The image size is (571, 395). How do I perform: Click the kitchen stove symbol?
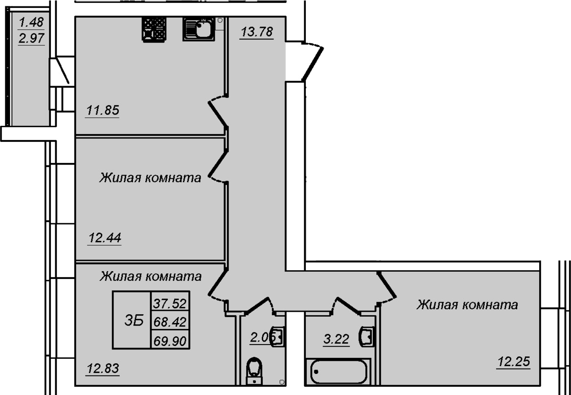154,29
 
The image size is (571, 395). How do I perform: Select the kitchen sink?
199,29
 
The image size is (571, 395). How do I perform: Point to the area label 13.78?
256,32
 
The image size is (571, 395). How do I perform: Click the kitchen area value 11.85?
103,111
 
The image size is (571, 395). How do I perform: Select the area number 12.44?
105,239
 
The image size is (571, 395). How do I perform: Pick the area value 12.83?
103,369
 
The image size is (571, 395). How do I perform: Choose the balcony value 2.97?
31,38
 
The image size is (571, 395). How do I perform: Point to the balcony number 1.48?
31,23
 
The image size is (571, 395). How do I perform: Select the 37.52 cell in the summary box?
170,303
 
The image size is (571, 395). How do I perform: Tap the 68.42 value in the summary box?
170,322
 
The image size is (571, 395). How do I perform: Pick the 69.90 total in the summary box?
170,341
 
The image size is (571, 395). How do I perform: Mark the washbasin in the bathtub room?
365,336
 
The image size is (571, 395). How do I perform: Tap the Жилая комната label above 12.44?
150,178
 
